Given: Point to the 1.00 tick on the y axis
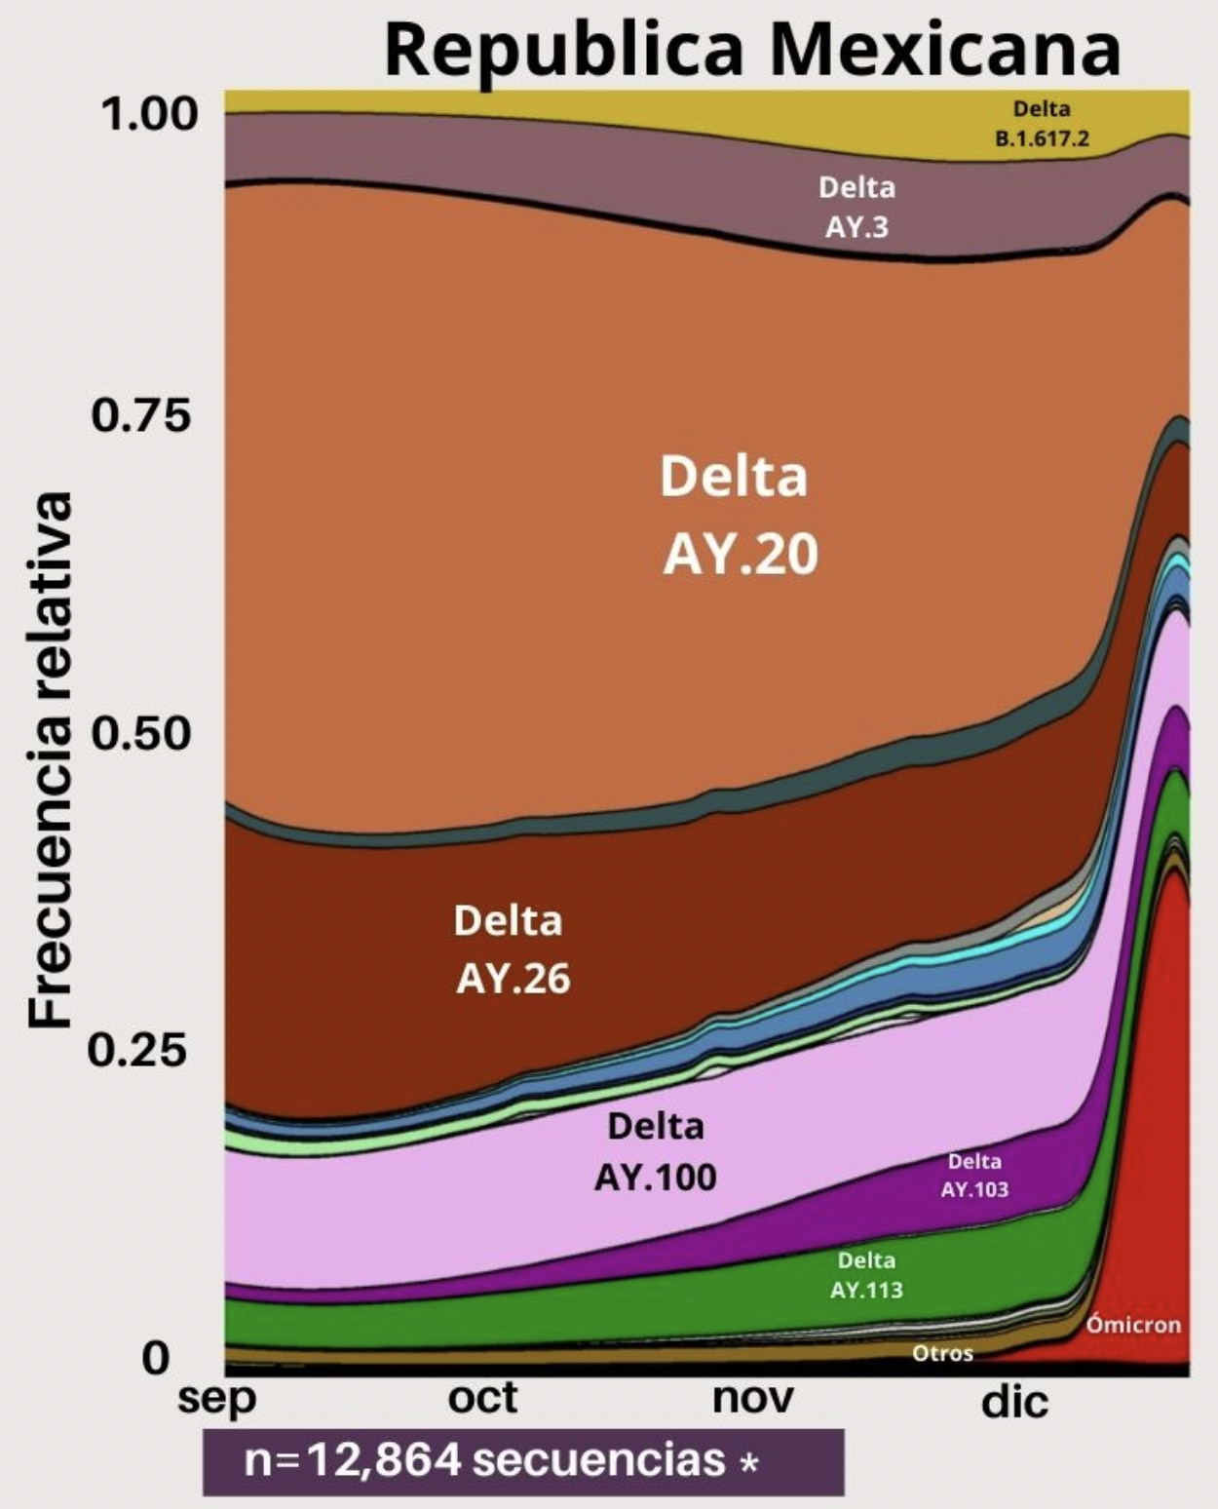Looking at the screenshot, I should coord(148,115).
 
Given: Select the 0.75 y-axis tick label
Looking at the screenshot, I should coord(141,416).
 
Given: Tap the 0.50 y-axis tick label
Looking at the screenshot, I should coord(141,733).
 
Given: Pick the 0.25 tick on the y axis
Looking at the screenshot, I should coord(137,1051).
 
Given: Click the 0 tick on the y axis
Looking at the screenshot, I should coord(156,1357).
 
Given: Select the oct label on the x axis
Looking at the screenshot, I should coord(482,1399).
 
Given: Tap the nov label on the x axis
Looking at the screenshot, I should coord(752,1399).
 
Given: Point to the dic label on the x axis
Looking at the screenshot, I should coord(1014,1402).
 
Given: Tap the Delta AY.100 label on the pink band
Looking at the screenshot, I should coord(655,1152).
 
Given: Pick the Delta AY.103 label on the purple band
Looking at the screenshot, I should coord(974,1176).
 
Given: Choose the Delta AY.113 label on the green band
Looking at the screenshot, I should coord(866,1275).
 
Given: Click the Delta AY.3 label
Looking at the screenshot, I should coord(856,207).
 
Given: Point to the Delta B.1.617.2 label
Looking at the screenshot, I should coord(1042,124).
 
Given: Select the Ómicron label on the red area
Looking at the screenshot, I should coord(1133,1325).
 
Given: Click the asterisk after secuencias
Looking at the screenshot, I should coord(748,1463).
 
